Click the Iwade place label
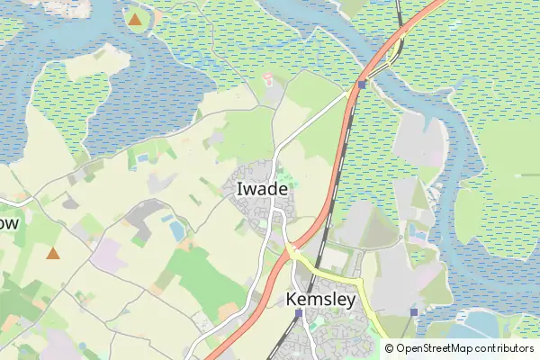point(262,190)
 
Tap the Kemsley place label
point(320,299)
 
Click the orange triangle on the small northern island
point(135,18)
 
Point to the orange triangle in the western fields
point(53,254)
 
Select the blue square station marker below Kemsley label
point(298,313)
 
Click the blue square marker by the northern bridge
point(361,85)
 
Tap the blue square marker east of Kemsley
point(414,312)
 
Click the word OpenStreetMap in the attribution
point(436,348)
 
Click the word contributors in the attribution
point(505,348)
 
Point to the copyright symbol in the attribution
point(389,348)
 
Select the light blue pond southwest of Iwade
point(176,231)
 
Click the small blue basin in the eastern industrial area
point(417,232)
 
